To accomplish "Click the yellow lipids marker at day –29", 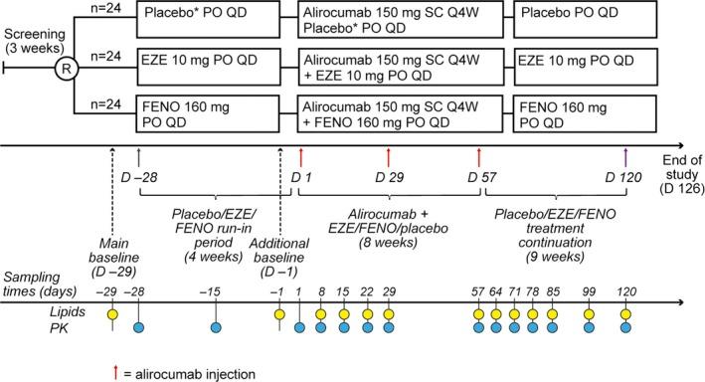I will [113, 313].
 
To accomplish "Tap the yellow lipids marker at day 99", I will [590, 313].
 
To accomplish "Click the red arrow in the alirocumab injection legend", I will [116, 372].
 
